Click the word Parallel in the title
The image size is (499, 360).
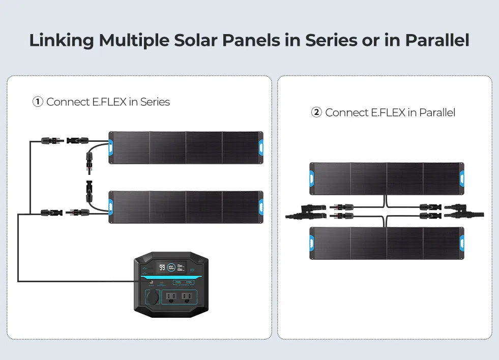pyautogui.click(x=437, y=40)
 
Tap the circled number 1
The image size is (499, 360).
pyautogui.click(x=38, y=102)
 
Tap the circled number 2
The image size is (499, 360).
pyautogui.click(x=316, y=112)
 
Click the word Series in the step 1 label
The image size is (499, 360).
pyautogui.click(x=155, y=102)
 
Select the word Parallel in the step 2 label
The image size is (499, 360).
pyautogui.click(x=437, y=112)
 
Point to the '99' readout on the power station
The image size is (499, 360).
pyautogui.click(x=162, y=267)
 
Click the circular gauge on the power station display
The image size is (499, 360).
pyautogui.click(x=172, y=267)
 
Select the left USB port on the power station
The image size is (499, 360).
pyautogui.click(x=177, y=282)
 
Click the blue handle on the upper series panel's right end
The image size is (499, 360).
pyautogui.click(x=260, y=147)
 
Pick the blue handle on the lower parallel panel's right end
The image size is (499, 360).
pyautogui.click(x=461, y=243)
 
